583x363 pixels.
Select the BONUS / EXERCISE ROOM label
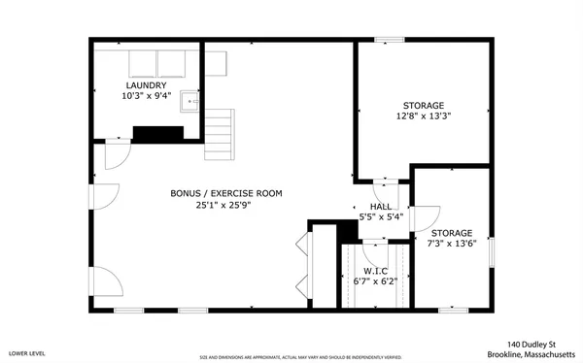coord(226,194)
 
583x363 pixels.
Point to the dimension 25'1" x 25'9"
coord(226,206)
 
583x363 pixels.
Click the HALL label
coord(380,207)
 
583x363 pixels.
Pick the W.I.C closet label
coord(375,271)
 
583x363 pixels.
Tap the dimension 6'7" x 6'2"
coord(375,281)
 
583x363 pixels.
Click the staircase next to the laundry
coord(221,134)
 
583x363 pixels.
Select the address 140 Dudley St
coord(531,344)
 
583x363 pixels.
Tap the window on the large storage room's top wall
coord(390,40)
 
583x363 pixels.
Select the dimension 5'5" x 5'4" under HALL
coord(380,217)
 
